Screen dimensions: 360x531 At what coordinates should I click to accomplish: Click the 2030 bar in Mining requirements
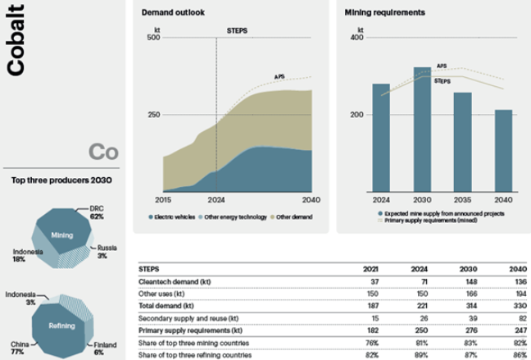[x=422, y=130]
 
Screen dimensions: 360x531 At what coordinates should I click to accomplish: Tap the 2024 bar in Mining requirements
[x=381, y=139]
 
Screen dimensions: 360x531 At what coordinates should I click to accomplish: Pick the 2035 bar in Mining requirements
[x=463, y=143]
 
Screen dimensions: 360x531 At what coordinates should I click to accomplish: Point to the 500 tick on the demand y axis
[x=153, y=38]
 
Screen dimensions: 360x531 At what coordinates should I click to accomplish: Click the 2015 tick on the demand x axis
[x=162, y=199]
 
